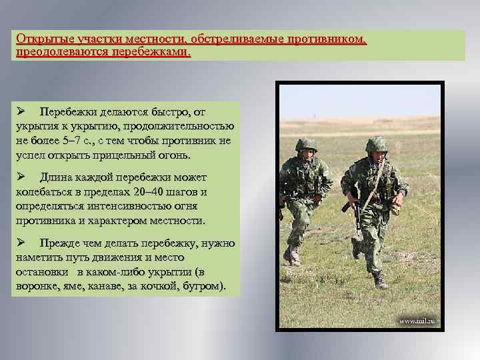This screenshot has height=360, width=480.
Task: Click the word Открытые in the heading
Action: [x=39, y=39]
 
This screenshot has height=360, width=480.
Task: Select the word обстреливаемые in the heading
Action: [x=226, y=39]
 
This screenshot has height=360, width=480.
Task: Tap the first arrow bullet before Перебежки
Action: [x=21, y=110]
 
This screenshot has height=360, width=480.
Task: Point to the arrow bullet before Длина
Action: [x=21, y=177]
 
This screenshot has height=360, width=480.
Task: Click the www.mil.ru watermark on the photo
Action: [x=418, y=321]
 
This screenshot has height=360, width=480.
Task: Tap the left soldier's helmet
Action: [x=306, y=145]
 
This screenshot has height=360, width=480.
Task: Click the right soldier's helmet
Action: [x=377, y=143]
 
